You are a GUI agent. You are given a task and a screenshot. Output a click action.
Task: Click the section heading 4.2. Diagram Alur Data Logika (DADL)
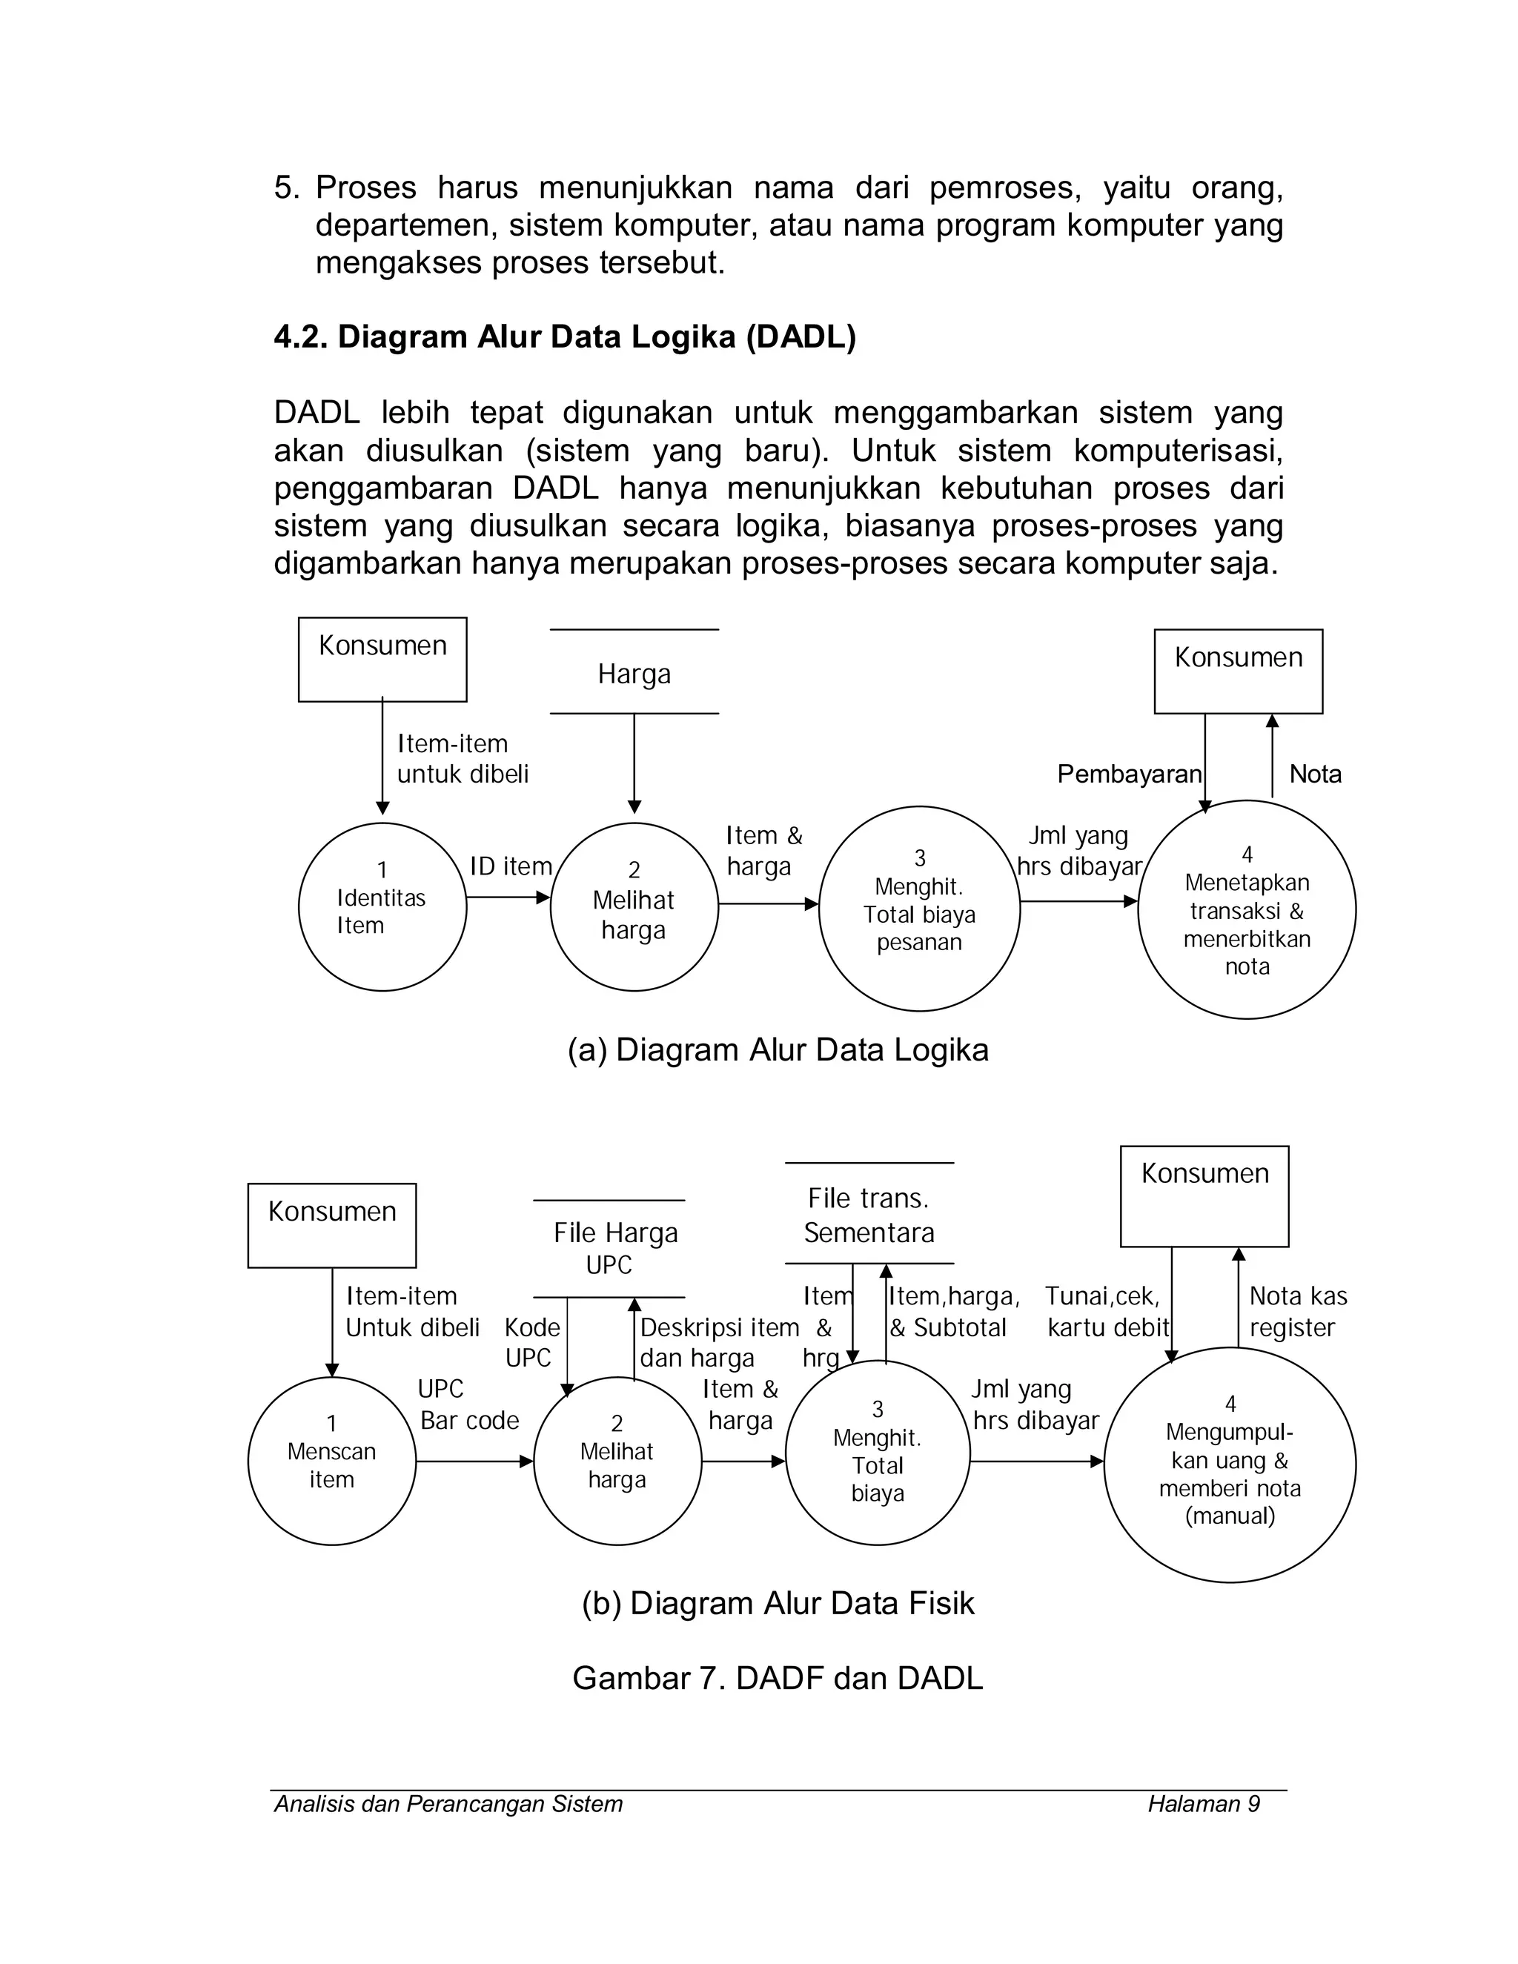tap(565, 336)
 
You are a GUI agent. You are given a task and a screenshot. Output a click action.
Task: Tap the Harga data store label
tap(634, 674)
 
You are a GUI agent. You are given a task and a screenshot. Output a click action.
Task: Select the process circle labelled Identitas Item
tap(382, 906)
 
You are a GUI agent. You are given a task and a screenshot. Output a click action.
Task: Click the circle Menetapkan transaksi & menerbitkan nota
tap(1247, 910)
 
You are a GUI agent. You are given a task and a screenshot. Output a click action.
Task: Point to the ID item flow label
tap(511, 866)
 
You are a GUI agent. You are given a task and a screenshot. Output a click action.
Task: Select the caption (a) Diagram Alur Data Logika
tap(778, 1049)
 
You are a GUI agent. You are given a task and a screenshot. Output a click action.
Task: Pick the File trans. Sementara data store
tap(869, 1214)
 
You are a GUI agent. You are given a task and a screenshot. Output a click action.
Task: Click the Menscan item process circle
tap(332, 1462)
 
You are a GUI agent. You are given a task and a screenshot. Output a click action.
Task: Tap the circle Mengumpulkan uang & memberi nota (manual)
tap(1230, 1464)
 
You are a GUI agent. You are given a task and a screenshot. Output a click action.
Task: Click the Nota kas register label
tap(1298, 1311)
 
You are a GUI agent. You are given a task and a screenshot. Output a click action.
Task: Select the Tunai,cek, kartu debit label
tap(1106, 1311)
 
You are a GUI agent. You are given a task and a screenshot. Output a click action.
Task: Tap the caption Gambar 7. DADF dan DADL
tap(778, 1678)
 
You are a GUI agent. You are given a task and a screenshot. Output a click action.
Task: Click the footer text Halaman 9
tap(1203, 1804)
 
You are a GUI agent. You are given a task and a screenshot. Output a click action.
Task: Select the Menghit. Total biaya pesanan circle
tap(919, 909)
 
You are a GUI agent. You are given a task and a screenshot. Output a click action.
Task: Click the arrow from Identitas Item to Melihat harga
tap(508, 898)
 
